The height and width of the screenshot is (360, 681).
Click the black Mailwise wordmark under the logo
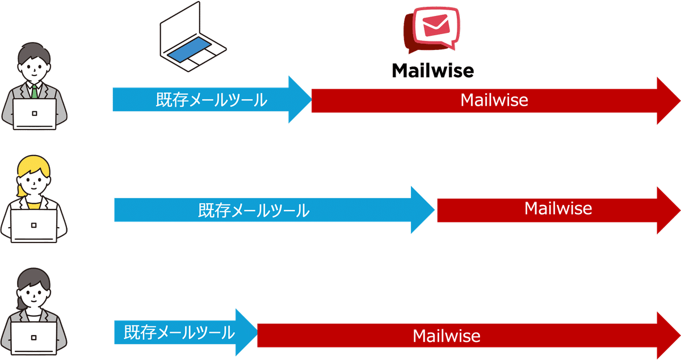pos(433,70)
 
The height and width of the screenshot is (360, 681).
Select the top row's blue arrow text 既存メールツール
pos(211,101)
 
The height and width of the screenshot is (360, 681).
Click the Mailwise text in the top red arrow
pos(494,101)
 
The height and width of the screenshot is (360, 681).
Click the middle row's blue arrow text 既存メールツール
pos(254,211)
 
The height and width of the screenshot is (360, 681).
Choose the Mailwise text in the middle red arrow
pos(558,208)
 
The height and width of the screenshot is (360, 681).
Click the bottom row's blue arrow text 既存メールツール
pos(179,332)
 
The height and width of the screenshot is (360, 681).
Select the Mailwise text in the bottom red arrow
pos(446,336)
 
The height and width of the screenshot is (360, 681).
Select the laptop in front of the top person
pos(35,114)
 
